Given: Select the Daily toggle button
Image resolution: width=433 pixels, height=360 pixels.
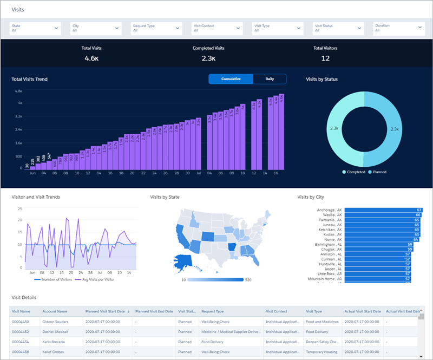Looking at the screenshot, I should [x=270, y=79].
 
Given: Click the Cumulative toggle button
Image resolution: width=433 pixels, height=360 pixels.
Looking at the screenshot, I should [x=231, y=79].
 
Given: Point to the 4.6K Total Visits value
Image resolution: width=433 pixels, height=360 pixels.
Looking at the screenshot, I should [x=91, y=58].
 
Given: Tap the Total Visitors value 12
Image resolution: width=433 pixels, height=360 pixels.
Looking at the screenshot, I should [x=325, y=58].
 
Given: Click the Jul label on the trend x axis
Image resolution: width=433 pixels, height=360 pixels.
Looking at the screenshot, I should [x=199, y=173].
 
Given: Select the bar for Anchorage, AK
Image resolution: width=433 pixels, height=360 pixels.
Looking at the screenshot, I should [x=382, y=210].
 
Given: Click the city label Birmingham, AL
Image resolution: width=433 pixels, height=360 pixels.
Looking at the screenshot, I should [x=329, y=244].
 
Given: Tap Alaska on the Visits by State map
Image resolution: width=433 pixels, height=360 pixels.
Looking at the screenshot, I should [x=184, y=261].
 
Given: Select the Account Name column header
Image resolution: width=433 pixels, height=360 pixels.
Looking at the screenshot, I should [x=55, y=311].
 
